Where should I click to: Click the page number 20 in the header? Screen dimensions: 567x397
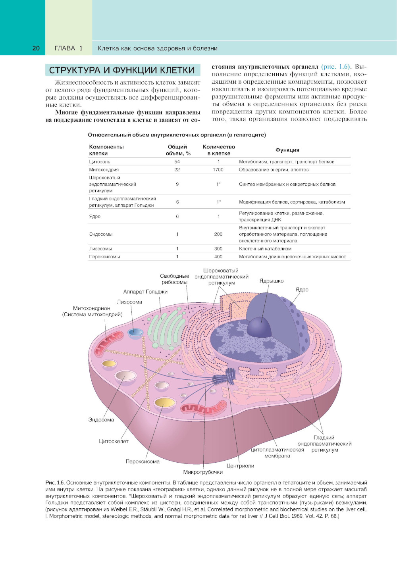pos(36,48)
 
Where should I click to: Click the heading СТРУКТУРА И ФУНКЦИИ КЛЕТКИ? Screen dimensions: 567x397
pos(122,70)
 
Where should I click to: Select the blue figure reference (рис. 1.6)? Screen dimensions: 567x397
pos(336,67)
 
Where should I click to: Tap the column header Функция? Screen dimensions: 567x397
pos(287,150)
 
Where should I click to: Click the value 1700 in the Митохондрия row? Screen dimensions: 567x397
pos(218,169)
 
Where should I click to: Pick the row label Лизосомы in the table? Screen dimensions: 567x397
pos(100,249)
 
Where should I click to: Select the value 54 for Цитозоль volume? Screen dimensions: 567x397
pos(177,161)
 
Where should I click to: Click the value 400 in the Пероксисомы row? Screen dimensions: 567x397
pos(218,257)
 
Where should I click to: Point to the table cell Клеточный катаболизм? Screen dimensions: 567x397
pos(265,249)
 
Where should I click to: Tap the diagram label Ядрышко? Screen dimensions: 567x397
pos(272,281)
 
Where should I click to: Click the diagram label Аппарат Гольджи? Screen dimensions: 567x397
pos(145,292)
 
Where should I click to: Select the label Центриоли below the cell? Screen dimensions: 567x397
pos(240,466)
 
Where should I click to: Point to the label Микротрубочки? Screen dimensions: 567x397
pos(203,472)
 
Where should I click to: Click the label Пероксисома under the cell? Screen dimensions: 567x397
pos(143,461)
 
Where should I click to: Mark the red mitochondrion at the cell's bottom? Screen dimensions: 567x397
pos(203,407)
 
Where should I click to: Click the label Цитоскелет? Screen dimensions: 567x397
pos(114,441)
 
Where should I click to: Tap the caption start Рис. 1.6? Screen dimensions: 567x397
pos(55,483)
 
